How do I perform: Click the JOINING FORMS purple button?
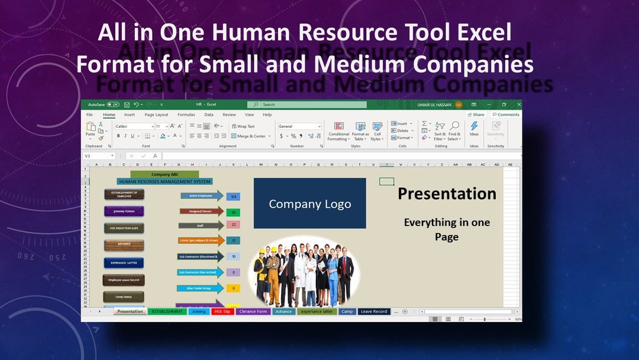pos(124,211)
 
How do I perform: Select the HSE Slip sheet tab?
pos(222,311)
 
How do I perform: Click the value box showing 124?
pos(233,196)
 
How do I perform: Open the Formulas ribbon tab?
pos(186,115)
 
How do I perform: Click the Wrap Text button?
pos(243,126)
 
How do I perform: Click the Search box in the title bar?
pos(306,105)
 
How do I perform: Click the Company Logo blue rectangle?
pos(309,204)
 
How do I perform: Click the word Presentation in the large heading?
pos(447,194)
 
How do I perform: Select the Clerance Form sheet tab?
pos(253,311)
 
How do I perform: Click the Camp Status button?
pos(124,297)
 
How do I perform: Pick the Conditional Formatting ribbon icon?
pos(338,131)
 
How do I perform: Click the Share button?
pos(476,115)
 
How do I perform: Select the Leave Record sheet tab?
pos(374,311)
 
